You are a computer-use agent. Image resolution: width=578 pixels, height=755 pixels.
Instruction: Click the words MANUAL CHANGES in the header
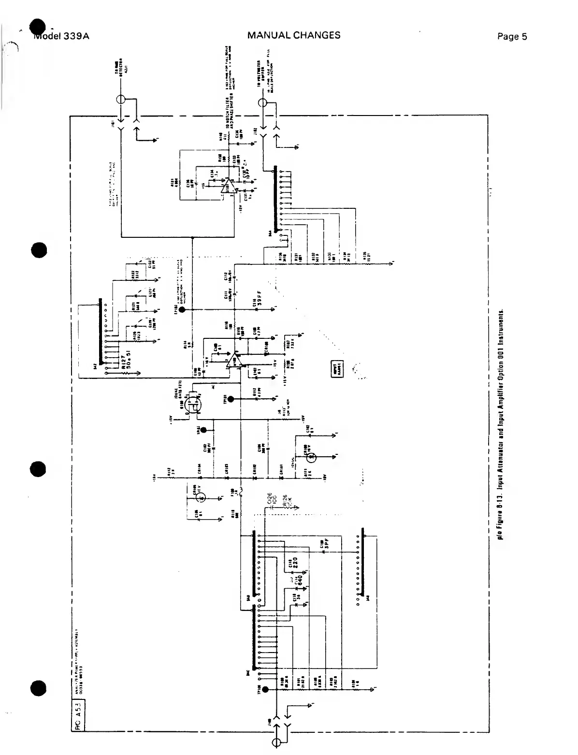(x=293, y=35)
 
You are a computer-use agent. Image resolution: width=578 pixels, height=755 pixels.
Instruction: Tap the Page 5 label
(x=512, y=37)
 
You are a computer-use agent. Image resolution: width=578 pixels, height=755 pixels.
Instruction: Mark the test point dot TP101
(x=231, y=399)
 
